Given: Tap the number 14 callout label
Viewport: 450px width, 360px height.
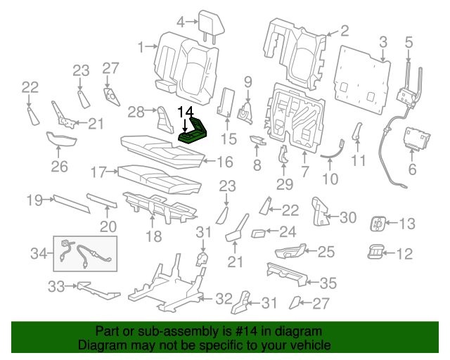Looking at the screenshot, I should coord(184,112).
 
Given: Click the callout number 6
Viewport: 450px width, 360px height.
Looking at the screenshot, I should coord(412,169).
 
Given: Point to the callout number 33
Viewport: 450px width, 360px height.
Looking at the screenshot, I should coord(56,286).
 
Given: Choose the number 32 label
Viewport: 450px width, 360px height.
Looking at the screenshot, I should coord(223,298).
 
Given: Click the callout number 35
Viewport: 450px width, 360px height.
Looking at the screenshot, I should coord(328,283).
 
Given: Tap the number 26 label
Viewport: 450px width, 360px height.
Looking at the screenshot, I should coord(59,166).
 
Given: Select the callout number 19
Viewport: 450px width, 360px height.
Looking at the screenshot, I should coord(35,200).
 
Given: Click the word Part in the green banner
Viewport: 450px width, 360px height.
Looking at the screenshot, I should coord(107,330).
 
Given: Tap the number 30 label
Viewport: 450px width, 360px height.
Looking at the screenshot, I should coord(349,217).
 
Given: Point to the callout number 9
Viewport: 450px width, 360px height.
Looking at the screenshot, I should coord(247,82).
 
